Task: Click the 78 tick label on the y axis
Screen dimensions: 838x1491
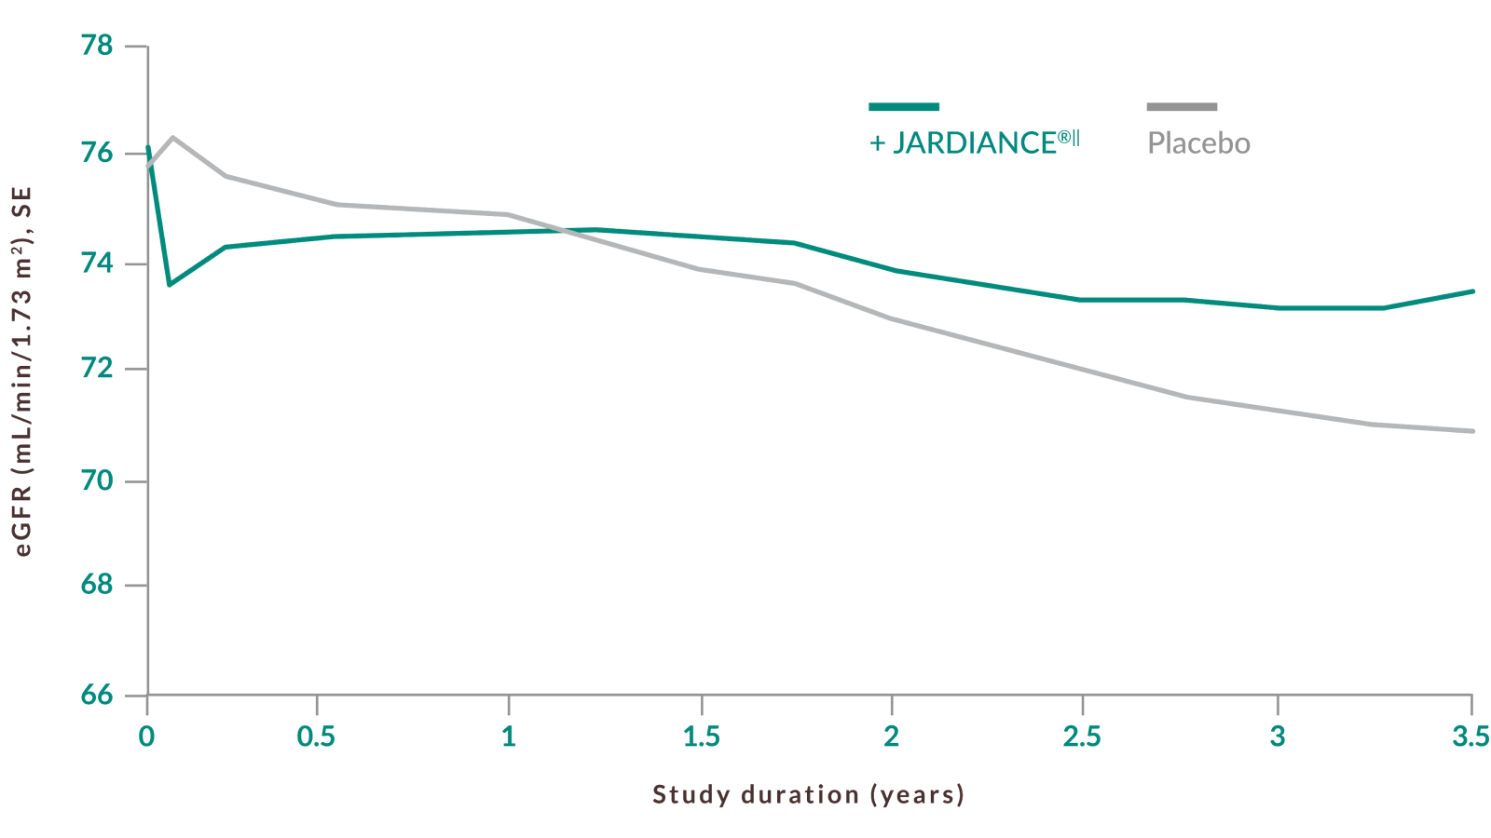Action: tap(97, 46)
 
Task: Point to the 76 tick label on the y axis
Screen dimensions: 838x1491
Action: tap(97, 153)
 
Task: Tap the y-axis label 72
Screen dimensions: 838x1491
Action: tap(97, 369)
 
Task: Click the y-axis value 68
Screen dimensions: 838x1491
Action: tap(97, 586)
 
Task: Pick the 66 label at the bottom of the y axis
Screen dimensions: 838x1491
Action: tap(97, 695)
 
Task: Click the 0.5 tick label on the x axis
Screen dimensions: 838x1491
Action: tap(316, 737)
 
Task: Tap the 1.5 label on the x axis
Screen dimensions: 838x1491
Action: tap(702, 737)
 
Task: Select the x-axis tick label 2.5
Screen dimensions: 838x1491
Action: tap(1082, 737)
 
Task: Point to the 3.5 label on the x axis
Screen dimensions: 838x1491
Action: tap(1470, 737)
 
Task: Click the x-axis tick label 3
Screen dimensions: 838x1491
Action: tap(1278, 737)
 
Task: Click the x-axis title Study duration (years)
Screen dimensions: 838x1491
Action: tap(808, 794)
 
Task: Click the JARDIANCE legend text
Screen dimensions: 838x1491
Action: tap(975, 142)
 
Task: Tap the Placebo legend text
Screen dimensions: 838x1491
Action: tap(1198, 143)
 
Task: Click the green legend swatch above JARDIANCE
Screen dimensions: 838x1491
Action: tap(904, 107)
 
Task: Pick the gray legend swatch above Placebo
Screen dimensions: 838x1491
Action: tap(1182, 107)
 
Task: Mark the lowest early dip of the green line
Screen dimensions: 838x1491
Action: tap(169, 284)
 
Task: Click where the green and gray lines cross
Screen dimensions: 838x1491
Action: tap(559, 229)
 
